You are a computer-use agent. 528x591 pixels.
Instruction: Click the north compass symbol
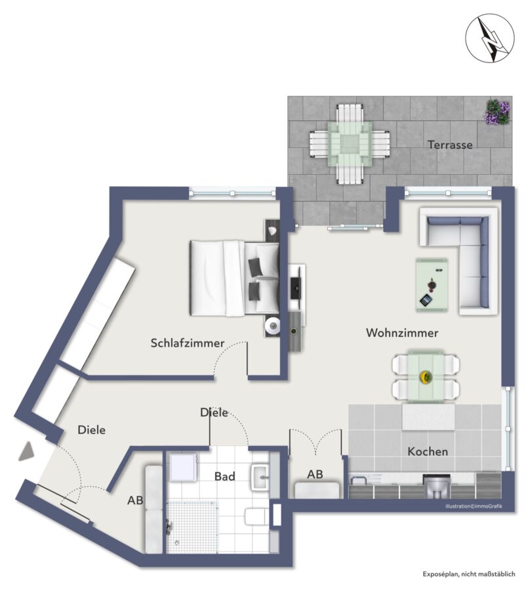pyautogui.click(x=489, y=38)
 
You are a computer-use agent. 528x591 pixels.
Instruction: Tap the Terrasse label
pyautogui.click(x=450, y=144)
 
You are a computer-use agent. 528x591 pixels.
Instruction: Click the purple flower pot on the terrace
pyautogui.click(x=497, y=112)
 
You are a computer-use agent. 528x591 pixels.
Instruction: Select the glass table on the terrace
pyautogui.click(x=350, y=144)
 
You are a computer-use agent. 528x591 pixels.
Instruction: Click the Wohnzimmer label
pyautogui.click(x=402, y=333)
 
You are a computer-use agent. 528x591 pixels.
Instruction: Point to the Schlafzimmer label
pyautogui.click(x=188, y=343)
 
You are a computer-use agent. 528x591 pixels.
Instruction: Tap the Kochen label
pyautogui.click(x=428, y=451)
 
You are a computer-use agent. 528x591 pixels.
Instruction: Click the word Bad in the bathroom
pyautogui.click(x=224, y=477)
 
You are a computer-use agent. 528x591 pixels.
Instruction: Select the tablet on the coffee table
pyautogui.click(x=426, y=300)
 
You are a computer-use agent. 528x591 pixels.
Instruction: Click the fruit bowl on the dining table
pyautogui.click(x=426, y=376)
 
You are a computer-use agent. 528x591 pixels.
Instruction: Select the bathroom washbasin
pyautogui.click(x=260, y=477)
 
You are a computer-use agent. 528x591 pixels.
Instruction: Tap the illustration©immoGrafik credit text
pyautogui.click(x=474, y=506)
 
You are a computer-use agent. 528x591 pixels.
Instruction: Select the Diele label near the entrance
pyautogui.click(x=92, y=429)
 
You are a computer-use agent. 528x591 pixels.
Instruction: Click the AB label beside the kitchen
pyautogui.click(x=315, y=474)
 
